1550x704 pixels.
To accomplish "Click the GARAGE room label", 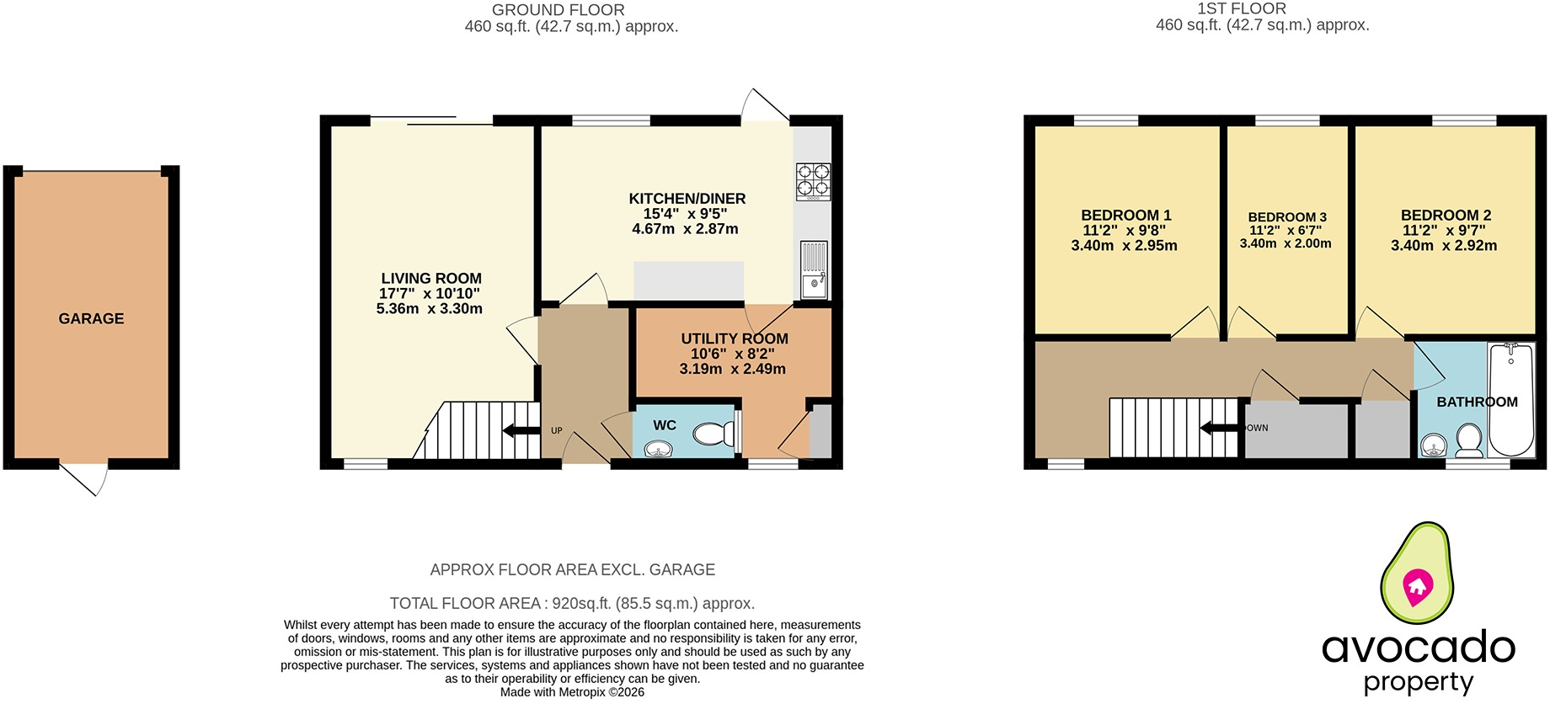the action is tap(91, 318).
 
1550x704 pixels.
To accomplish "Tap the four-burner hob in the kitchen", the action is tap(814, 181).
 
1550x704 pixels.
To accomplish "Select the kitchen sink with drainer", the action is tap(814, 269).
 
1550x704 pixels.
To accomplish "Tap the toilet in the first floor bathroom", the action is tap(1469, 440).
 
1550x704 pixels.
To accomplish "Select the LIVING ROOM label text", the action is tap(431, 278).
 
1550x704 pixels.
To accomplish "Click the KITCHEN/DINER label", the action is tap(687, 199).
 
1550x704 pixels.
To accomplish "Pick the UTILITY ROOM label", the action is tap(735, 339).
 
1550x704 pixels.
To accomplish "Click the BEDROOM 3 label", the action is tap(1287, 217).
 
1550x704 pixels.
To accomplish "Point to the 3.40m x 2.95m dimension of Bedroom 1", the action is tap(1124, 246).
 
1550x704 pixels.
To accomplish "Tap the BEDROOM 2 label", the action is tap(1446, 216).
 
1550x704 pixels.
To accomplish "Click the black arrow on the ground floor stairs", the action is tap(521, 431).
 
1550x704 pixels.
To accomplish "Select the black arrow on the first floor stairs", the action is tap(1220, 428).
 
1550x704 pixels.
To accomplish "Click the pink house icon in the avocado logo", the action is tap(1417, 586).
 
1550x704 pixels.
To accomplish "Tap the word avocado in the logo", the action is tap(1419, 647).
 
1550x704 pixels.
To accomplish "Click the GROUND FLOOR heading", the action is tap(559, 10).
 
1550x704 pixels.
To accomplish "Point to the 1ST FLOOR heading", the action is tap(1242, 8).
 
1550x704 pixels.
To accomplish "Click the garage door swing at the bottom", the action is tap(84, 477).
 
